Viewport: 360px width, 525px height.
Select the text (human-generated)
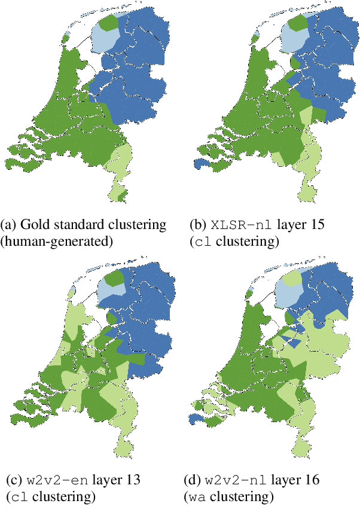tap(56, 241)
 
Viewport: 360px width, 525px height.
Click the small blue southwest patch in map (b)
tap(198, 163)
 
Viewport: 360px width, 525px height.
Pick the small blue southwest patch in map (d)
tap(195, 420)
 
